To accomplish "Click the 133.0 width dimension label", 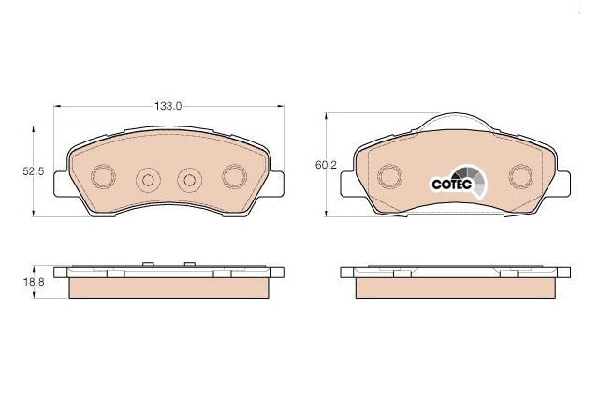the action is (x=168, y=106).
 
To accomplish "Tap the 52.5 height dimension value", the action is (x=34, y=171).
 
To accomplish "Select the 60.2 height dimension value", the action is (x=326, y=165).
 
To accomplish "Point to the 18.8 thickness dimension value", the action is (x=34, y=282).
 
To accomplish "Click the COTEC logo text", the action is (x=452, y=184).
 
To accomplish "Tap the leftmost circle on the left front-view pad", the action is (x=103, y=177).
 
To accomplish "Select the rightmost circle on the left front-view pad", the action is (x=235, y=177).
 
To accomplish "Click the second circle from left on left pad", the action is (x=148, y=180).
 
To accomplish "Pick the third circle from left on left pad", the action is (x=190, y=180).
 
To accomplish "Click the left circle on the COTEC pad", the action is (x=389, y=177).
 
